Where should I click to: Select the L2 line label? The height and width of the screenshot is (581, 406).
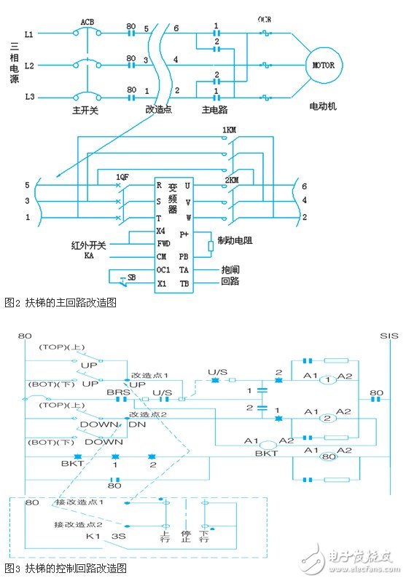tap(29, 66)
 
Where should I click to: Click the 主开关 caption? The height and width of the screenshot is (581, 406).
tap(87, 111)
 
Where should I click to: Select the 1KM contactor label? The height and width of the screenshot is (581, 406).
tap(230, 133)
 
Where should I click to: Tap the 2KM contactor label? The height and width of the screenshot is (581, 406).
tap(233, 178)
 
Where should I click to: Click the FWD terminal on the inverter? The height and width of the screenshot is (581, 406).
tap(165, 244)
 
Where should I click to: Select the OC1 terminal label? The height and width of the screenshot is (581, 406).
tap(165, 269)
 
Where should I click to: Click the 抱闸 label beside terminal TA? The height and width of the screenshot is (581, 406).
tap(230, 269)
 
